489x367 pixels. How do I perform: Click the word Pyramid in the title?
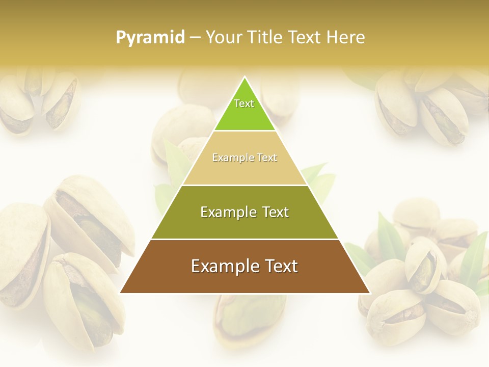point(150,37)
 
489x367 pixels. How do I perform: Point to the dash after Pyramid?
point(195,38)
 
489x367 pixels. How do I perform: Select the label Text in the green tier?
point(244,103)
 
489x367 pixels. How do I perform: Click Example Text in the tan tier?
point(244,158)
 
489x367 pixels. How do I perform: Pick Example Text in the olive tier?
point(244,212)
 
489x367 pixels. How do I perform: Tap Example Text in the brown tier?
point(244,266)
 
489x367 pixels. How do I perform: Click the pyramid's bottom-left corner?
point(121,293)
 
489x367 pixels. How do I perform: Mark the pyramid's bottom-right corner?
point(369,293)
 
